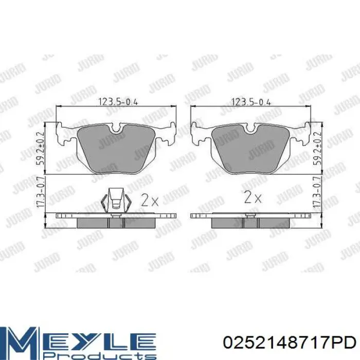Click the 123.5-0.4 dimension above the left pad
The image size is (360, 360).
point(116,102)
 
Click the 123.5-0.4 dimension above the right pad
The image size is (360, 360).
point(251,102)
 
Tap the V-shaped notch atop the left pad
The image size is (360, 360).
point(116,130)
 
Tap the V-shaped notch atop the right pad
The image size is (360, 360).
point(251,130)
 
